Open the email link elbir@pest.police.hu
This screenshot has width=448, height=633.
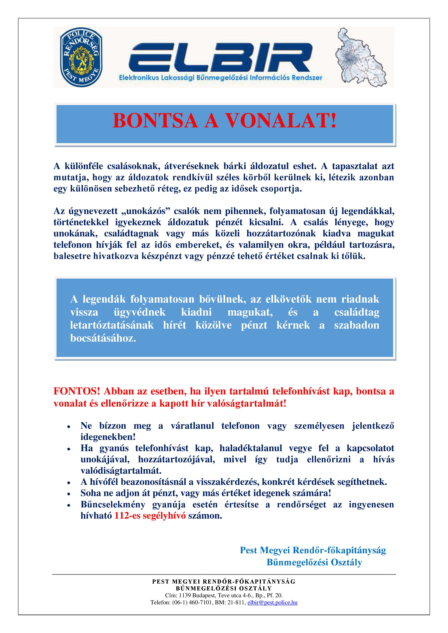[272, 602]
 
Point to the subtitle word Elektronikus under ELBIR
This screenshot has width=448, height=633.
[139, 78]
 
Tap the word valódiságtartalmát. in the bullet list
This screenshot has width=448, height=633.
[121, 470]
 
